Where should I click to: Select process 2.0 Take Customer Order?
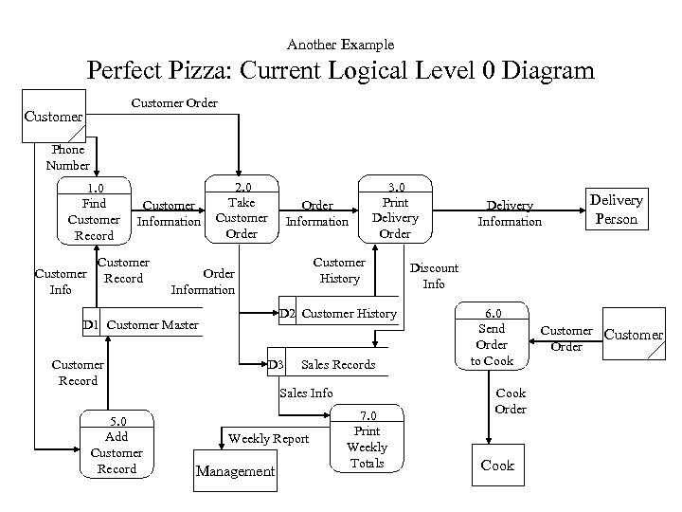[x=242, y=210]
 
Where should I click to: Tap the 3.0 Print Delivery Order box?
[x=394, y=210]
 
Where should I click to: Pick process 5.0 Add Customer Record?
[x=117, y=446]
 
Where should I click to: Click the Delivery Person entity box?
[x=616, y=209]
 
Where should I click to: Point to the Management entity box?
[x=235, y=471]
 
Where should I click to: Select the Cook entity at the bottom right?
[x=496, y=465]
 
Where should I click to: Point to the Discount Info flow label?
[x=434, y=276]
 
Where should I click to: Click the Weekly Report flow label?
[x=268, y=438]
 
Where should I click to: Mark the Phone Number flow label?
[x=67, y=157]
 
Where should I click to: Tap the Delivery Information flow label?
[x=510, y=213]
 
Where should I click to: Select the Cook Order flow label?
[x=511, y=401]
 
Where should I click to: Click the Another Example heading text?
[x=340, y=45]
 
